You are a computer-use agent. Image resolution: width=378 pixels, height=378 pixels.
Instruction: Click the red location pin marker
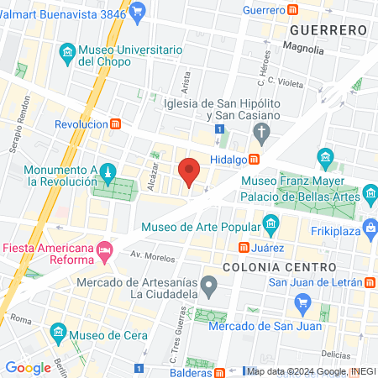coord(190,171)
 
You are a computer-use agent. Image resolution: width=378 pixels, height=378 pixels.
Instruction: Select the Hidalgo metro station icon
coord(253,159)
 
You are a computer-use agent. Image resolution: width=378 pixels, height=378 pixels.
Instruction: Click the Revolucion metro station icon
coord(115,123)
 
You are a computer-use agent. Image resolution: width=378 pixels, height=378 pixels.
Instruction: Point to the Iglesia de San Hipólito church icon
coord(261,131)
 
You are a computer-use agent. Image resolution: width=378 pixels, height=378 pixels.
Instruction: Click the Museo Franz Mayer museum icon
coord(325,157)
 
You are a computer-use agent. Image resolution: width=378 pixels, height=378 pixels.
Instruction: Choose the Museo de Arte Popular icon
coord(270,224)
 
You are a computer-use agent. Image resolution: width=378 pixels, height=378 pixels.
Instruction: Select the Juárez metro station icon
coord(244,248)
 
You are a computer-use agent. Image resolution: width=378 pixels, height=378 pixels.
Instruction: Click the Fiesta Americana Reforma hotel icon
coord(104,249)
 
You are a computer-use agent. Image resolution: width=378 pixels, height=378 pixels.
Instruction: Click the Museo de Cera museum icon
coord(57,330)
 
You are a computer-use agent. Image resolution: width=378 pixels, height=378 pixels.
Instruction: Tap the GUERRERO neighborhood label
coord(328,29)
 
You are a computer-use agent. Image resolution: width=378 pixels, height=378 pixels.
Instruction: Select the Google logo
coord(28,367)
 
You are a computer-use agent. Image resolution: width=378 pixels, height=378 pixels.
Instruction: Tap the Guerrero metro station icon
coord(293,9)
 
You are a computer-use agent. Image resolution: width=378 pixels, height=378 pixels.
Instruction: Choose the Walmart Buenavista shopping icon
coord(139,10)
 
